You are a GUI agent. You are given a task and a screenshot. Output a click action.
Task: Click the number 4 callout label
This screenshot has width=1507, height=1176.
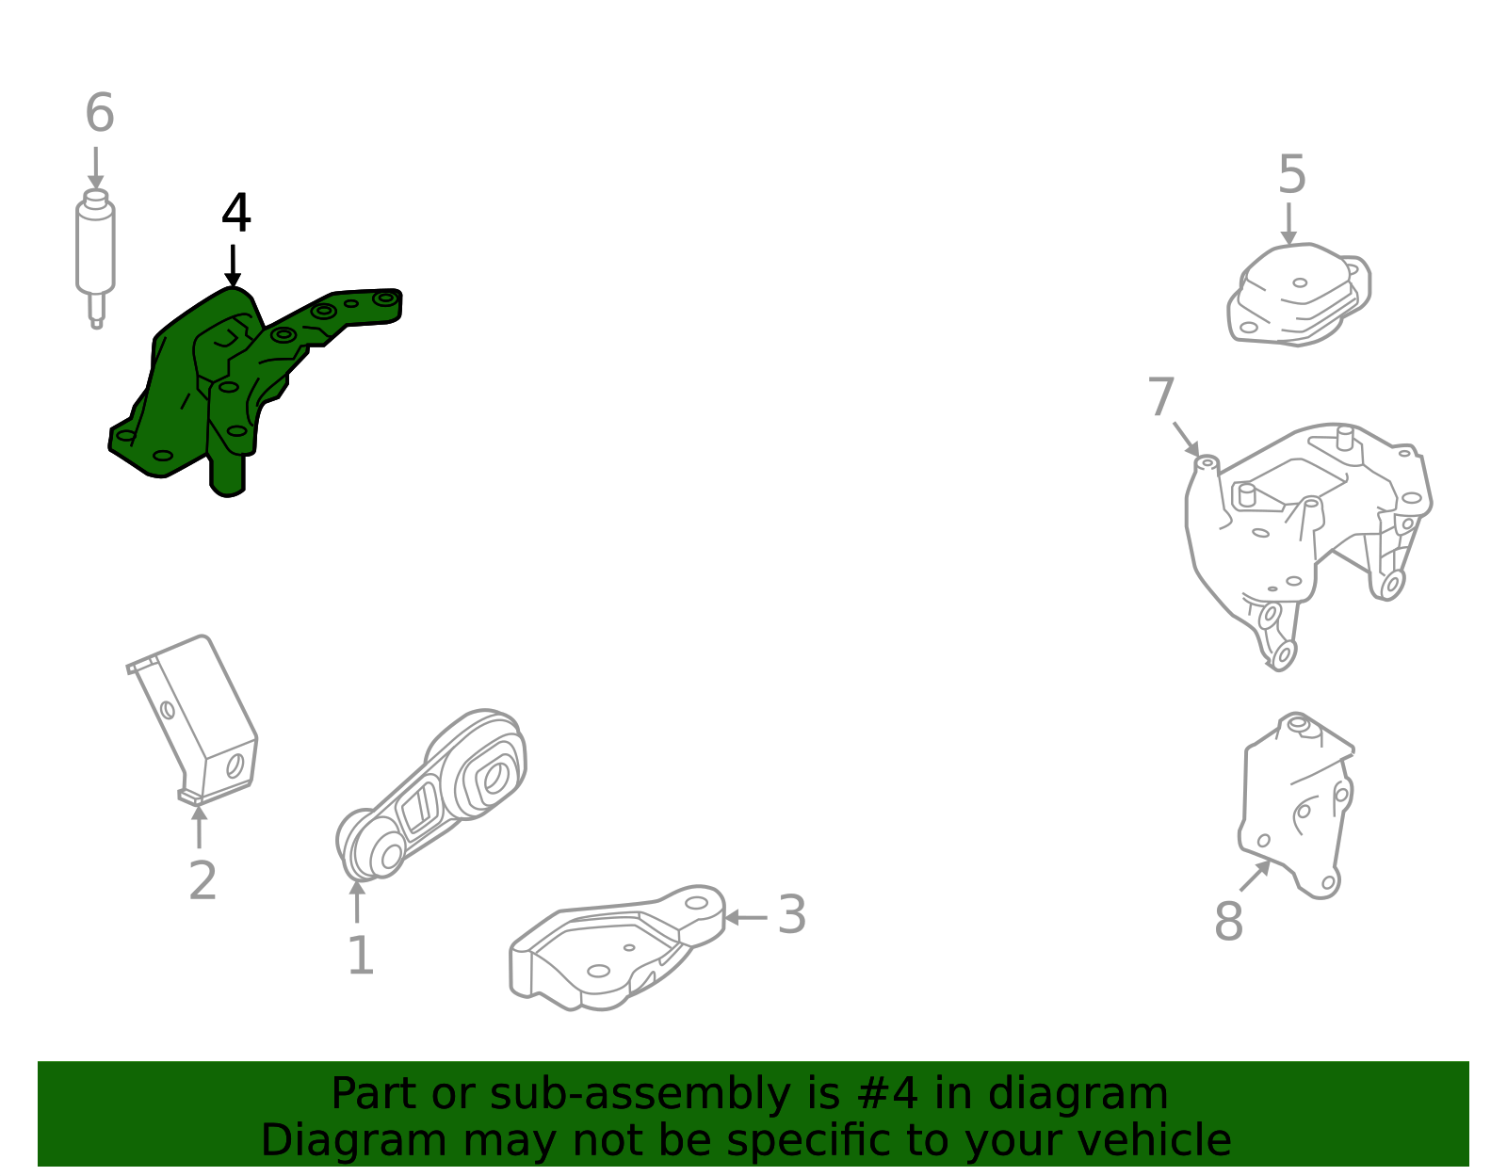[x=235, y=214]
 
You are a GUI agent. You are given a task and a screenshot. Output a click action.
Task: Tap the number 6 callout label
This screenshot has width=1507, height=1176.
[x=100, y=114]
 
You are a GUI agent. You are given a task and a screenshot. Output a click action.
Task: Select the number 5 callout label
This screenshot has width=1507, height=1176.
[x=1291, y=175]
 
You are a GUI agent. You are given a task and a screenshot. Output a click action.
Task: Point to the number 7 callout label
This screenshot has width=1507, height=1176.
[x=1161, y=397]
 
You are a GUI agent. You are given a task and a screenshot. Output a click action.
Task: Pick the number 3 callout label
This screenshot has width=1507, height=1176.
[x=791, y=915]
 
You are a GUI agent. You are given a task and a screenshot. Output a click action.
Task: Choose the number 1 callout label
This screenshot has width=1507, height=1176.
[x=361, y=957]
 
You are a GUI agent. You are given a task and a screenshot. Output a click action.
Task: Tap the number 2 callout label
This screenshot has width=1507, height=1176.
[x=203, y=881]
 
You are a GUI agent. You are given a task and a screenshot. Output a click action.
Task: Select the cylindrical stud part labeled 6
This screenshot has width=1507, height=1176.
[x=95, y=250]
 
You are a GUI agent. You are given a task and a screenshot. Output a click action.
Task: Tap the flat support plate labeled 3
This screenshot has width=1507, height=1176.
[x=612, y=951]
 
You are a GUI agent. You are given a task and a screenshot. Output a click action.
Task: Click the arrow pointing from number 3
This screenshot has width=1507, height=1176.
[x=745, y=917]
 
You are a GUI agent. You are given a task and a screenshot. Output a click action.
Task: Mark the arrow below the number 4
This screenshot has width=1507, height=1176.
[x=233, y=266]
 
